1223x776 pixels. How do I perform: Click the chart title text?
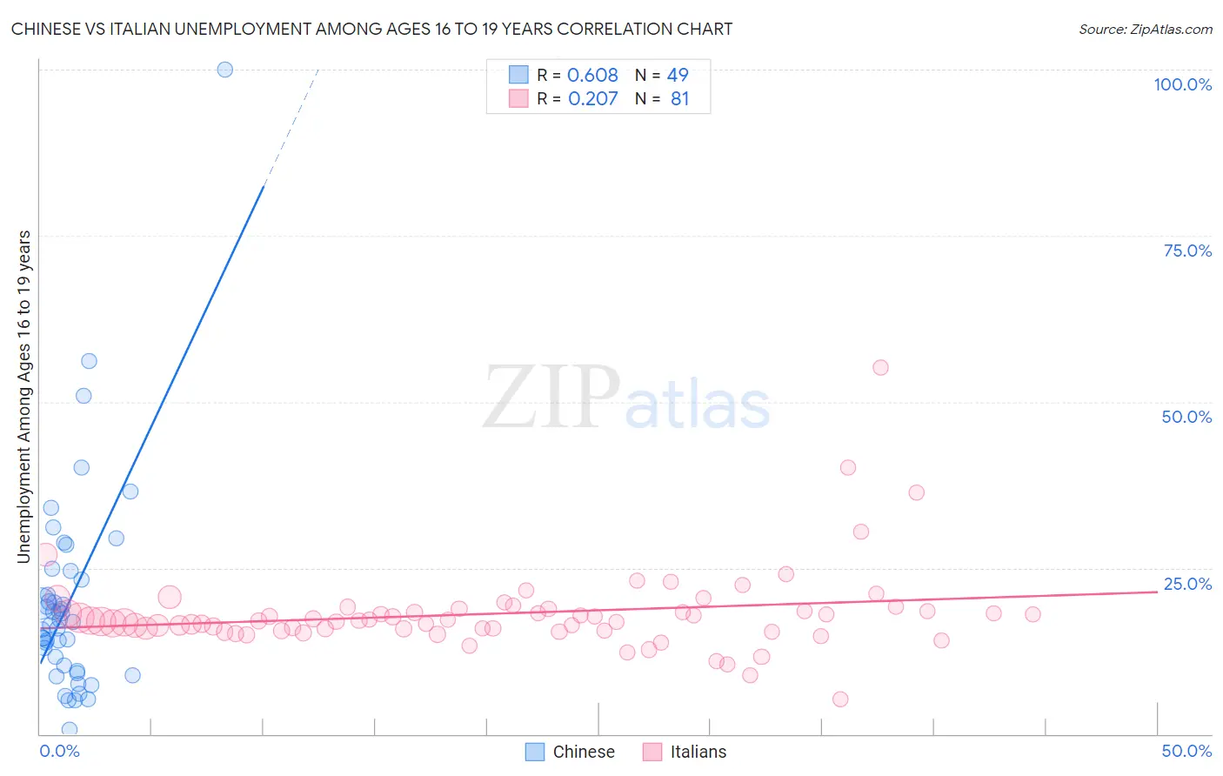click(x=371, y=29)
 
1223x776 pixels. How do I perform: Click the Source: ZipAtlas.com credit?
click(x=1145, y=29)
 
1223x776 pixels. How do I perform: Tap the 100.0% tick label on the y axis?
click(x=1182, y=84)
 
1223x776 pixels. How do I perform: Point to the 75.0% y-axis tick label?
click(x=1187, y=251)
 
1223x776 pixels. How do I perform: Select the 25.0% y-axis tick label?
click(x=1187, y=584)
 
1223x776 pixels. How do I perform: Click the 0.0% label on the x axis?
click(x=59, y=751)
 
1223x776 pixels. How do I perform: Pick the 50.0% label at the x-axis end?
click(x=1186, y=751)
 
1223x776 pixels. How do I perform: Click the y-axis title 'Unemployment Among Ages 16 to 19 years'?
click(x=24, y=397)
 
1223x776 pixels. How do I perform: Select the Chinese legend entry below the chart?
click(x=571, y=752)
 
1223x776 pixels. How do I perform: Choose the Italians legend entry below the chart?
click(x=685, y=752)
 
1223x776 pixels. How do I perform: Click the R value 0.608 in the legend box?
click(x=592, y=76)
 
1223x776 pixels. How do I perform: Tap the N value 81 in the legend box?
click(x=679, y=99)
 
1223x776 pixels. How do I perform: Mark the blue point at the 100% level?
click(x=225, y=70)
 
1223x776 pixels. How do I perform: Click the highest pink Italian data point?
click(x=880, y=368)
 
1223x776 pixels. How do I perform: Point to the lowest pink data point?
click(x=840, y=699)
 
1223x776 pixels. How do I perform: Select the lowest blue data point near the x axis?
click(x=70, y=730)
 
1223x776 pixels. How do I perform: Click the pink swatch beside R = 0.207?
click(x=518, y=98)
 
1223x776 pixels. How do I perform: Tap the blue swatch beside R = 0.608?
click(x=518, y=75)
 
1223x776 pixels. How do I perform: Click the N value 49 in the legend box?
click(x=678, y=76)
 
